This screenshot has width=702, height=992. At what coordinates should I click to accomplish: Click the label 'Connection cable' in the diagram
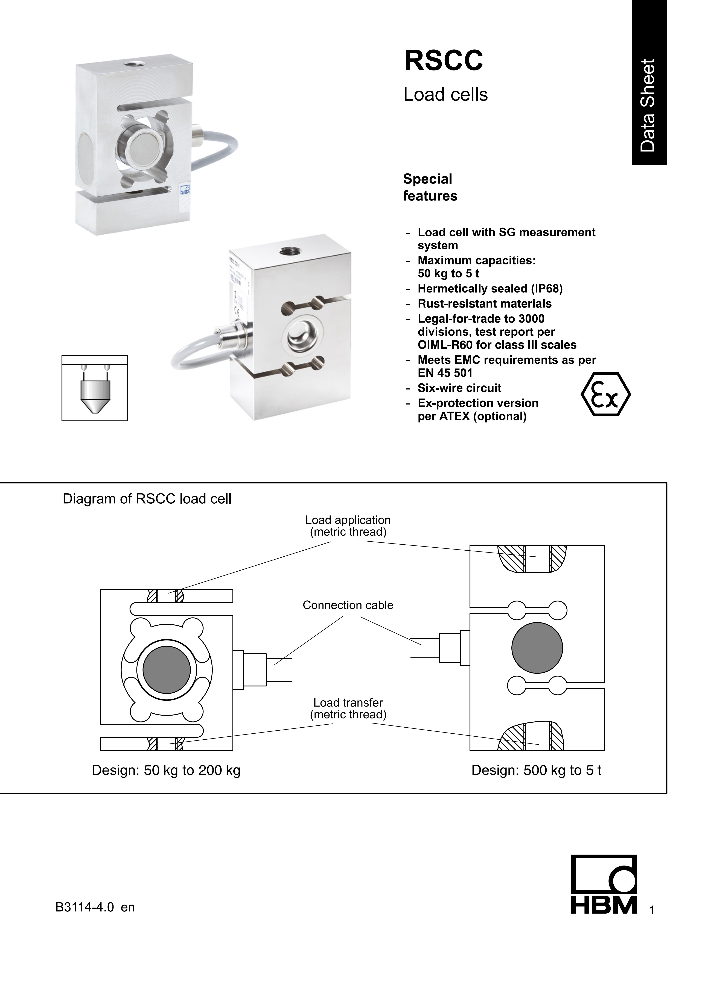click(348, 605)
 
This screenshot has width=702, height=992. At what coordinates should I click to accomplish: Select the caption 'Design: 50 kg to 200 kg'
click(166, 770)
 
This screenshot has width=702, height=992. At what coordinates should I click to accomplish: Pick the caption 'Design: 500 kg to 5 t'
click(536, 770)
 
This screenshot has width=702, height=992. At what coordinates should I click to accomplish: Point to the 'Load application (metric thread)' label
click(348, 526)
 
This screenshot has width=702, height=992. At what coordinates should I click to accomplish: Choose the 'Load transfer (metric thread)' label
click(348, 708)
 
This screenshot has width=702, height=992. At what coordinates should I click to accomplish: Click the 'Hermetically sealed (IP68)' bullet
click(490, 289)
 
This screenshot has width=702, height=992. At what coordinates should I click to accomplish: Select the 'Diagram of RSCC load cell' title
click(147, 499)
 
